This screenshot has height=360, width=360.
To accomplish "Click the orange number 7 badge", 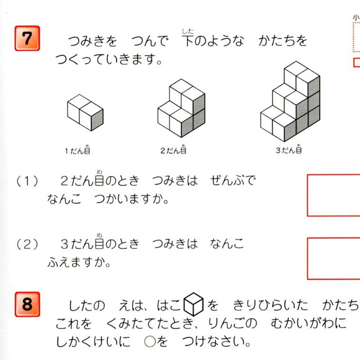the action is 27,38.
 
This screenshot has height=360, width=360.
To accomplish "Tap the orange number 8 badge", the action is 27,304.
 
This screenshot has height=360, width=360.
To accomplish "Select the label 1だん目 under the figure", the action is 77,150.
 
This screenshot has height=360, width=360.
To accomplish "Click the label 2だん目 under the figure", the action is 173,150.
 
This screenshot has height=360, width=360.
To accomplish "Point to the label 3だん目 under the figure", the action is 289,149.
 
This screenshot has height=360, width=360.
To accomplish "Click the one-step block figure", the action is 85,113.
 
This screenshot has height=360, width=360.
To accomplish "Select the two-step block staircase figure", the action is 181,108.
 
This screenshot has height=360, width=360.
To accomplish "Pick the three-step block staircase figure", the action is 290,101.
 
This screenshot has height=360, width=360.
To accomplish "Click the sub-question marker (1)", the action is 27,181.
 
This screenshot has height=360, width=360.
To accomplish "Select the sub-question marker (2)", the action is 27,244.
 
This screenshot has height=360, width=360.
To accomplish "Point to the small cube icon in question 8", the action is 194,304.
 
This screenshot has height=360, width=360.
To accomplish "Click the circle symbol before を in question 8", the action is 150,342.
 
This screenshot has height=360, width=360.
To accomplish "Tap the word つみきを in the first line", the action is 92,41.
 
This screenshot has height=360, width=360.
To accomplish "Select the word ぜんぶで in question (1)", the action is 233,180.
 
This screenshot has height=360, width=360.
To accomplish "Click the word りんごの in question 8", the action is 233,323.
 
